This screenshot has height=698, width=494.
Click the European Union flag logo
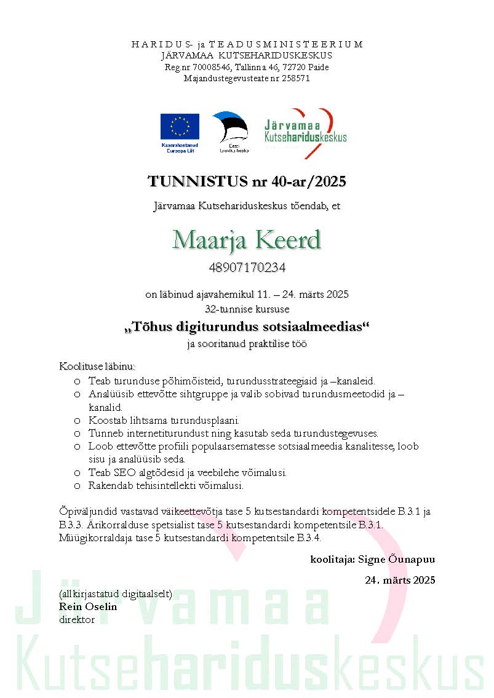point(180,127)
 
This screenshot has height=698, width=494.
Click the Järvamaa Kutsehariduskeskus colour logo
point(305,132)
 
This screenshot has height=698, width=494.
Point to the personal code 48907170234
point(247,268)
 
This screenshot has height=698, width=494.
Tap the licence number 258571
point(295,78)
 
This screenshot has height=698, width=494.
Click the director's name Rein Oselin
point(88,606)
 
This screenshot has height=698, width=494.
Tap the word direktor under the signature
point(77,619)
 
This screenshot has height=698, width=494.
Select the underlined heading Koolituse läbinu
point(97,367)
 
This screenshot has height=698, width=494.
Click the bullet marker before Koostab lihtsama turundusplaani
point(77,421)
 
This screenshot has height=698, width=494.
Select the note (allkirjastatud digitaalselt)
point(115,594)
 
